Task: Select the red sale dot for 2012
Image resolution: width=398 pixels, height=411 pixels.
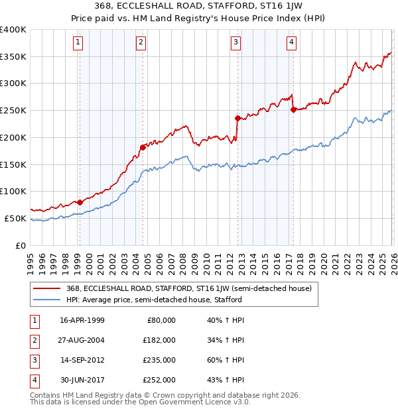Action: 237,118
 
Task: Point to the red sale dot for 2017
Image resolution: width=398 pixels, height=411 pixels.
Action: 293,110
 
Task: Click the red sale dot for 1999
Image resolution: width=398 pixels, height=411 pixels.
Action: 80,202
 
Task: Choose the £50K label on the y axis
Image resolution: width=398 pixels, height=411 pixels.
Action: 15,218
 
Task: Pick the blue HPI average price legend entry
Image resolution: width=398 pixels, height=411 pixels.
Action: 154,300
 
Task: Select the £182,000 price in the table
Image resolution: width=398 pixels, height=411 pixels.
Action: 159,340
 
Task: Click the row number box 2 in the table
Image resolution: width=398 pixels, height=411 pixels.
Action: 33,340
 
